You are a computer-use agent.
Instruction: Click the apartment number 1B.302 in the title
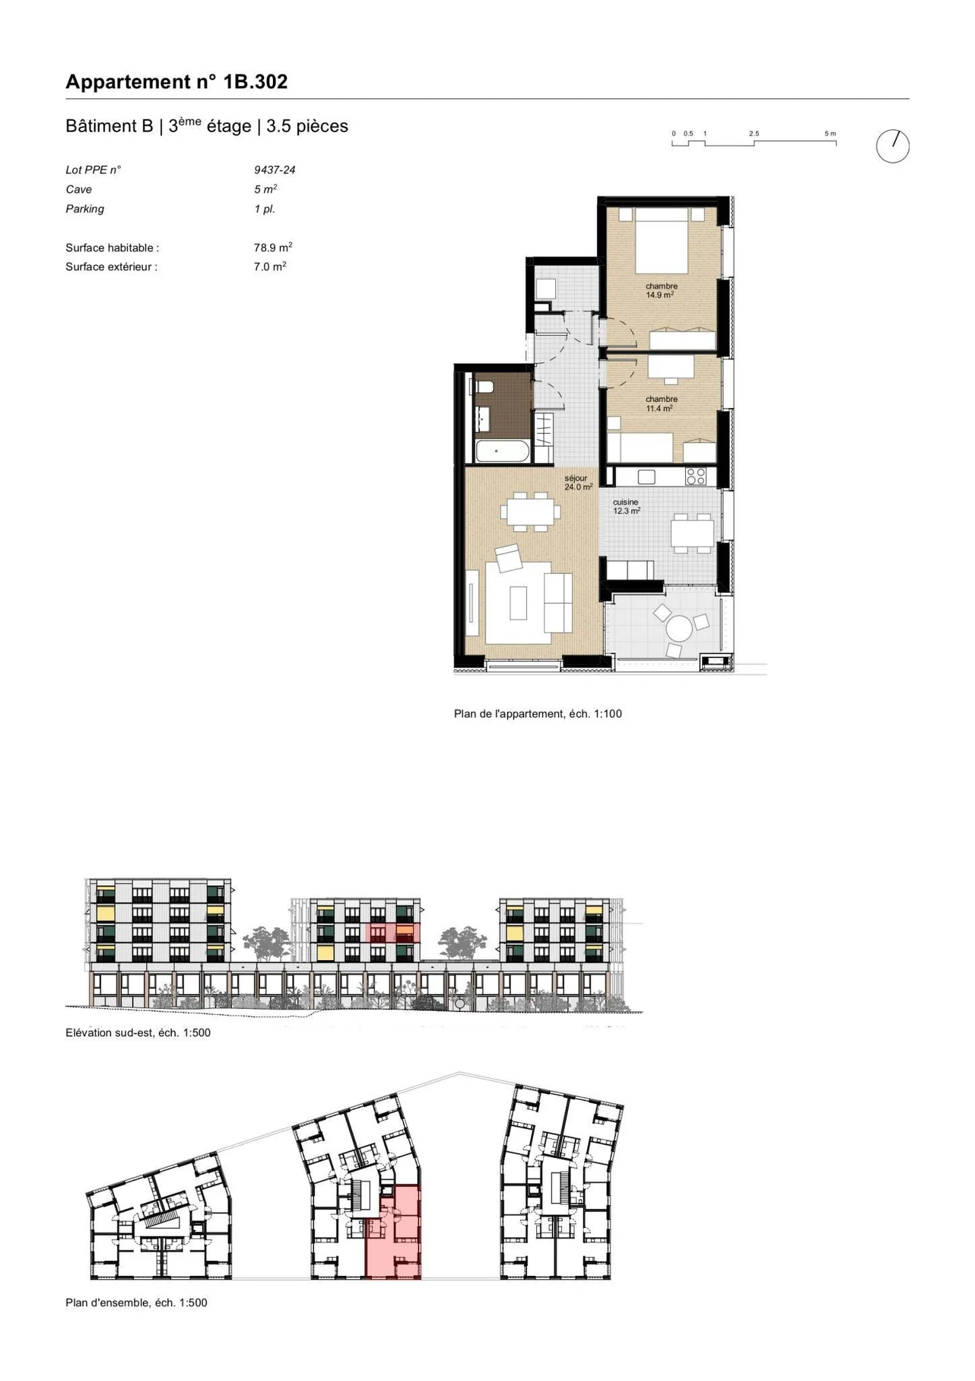[x=255, y=82]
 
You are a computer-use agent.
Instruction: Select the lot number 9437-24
[x=274, y=170]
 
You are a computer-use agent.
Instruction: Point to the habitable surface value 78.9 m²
[x=272, y=248]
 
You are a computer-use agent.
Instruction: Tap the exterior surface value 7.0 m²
[x=269, y=267]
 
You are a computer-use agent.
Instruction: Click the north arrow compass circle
[x=892, y=146]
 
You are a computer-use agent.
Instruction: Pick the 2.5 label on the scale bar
[x=754, y=133]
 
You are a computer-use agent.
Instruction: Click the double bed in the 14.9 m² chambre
[x=661, y=241]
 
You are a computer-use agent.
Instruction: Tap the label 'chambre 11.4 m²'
[x=661, y=404]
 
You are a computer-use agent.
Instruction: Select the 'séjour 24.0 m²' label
[x=578, y=482]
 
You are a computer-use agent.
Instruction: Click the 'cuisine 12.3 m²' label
[x=626, y=507]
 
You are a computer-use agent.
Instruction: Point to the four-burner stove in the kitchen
[x=696, y=476]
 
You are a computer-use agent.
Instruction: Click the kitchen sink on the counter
[x=646, y=476]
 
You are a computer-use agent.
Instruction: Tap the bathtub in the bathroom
[x=502, y=451]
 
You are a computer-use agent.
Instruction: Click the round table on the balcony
[x=679, y=628]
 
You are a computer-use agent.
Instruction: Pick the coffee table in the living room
[x=518, y=602]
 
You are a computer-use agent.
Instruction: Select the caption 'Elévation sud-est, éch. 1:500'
[x=138, y=1033]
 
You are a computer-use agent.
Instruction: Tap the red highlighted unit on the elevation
[x=393, y=932]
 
